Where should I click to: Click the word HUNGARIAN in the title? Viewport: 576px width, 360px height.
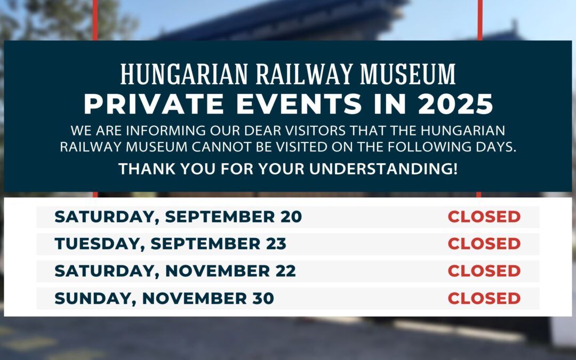point(184,74)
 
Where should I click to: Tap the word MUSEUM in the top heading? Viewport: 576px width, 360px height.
point(408,74)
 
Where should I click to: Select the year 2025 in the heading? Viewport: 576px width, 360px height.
point(455,104)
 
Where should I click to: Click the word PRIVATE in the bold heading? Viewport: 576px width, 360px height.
point(154,104)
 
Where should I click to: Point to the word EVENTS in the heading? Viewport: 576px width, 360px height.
point(299,104)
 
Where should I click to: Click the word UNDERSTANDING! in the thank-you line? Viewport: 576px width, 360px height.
point(383,169)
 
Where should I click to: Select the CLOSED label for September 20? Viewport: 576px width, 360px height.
point(484,217)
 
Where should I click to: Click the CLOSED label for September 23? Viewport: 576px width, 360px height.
point(484,244)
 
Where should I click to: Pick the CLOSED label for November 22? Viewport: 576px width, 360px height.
point(484,271)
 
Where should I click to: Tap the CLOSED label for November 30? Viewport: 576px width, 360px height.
point(484,298)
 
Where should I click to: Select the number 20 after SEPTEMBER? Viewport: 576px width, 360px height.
point(291,217)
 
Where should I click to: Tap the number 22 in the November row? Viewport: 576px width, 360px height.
point(285,271)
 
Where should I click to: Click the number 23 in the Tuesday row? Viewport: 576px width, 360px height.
point(276,244)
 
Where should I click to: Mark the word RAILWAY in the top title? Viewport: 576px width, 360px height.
point(304,74)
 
